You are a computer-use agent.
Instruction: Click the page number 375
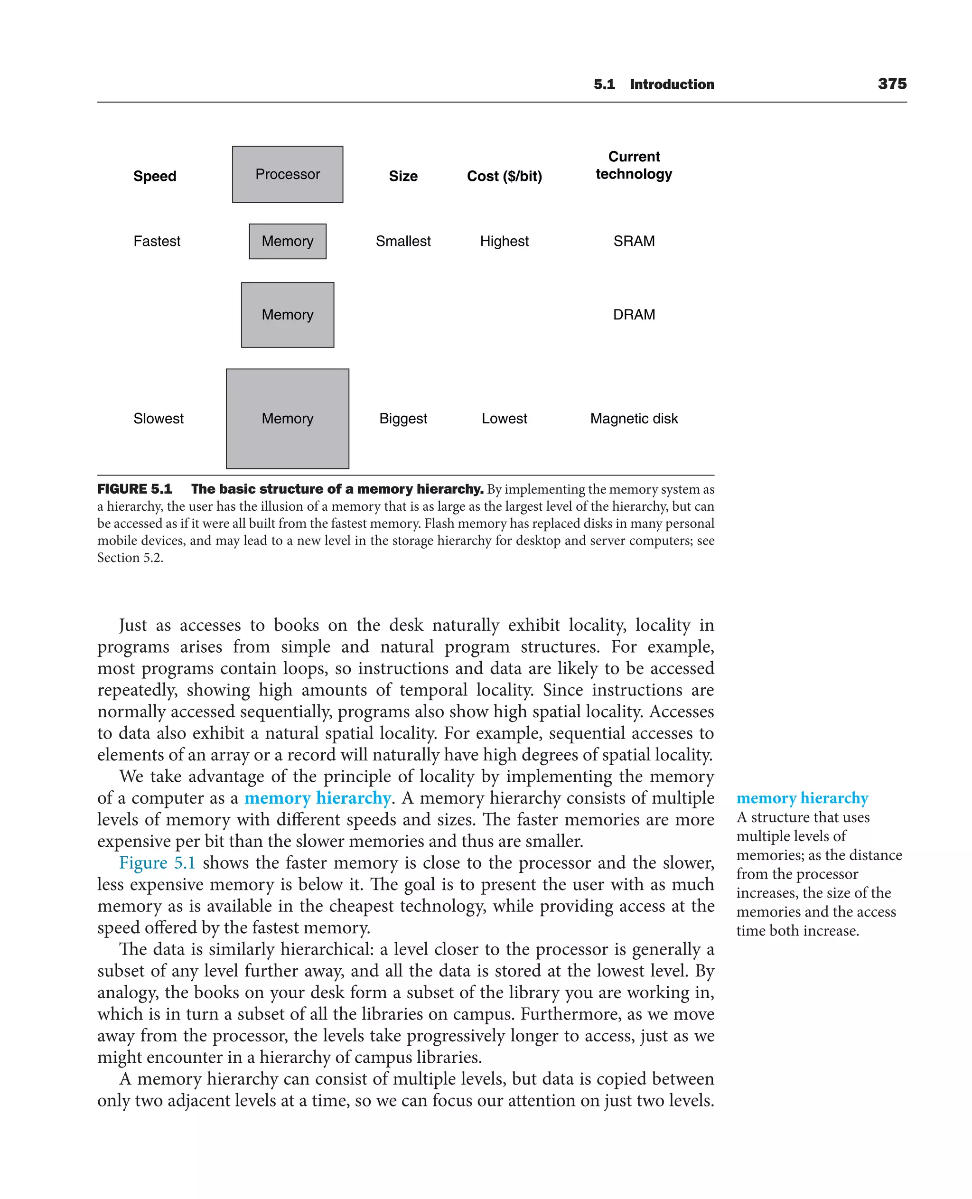[892, 84]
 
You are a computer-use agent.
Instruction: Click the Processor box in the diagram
[287, 174]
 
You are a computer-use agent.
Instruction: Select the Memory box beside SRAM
[287, 242]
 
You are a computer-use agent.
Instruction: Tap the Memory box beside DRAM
[287, 315]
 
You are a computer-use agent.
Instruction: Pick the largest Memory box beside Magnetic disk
[287, 418]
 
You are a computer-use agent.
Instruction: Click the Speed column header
[155, 177]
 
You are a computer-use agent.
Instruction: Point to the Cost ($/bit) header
[504, 177]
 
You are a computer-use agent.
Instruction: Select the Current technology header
[634, 165]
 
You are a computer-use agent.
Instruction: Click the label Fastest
[157, 242]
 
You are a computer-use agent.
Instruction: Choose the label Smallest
[403, 242]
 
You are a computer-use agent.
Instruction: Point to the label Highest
[504, 242]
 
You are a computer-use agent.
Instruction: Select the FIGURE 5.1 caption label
[134, 489]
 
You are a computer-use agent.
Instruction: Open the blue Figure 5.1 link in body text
[158, 863]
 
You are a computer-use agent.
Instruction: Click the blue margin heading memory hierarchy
[802, 797]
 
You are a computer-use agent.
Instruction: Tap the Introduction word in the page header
[672, 84]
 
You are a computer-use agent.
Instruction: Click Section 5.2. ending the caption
[130, 558]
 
